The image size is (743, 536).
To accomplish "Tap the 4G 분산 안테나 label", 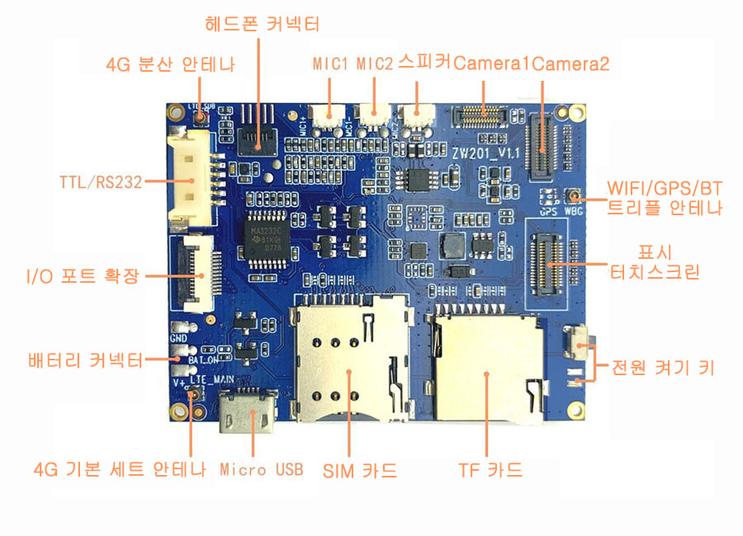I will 171,64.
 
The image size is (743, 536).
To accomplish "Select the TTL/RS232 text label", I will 101,181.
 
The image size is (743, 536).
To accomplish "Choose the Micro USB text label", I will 261,470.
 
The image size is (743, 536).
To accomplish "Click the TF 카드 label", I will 490,471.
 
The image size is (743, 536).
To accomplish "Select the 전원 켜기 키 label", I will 661,368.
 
